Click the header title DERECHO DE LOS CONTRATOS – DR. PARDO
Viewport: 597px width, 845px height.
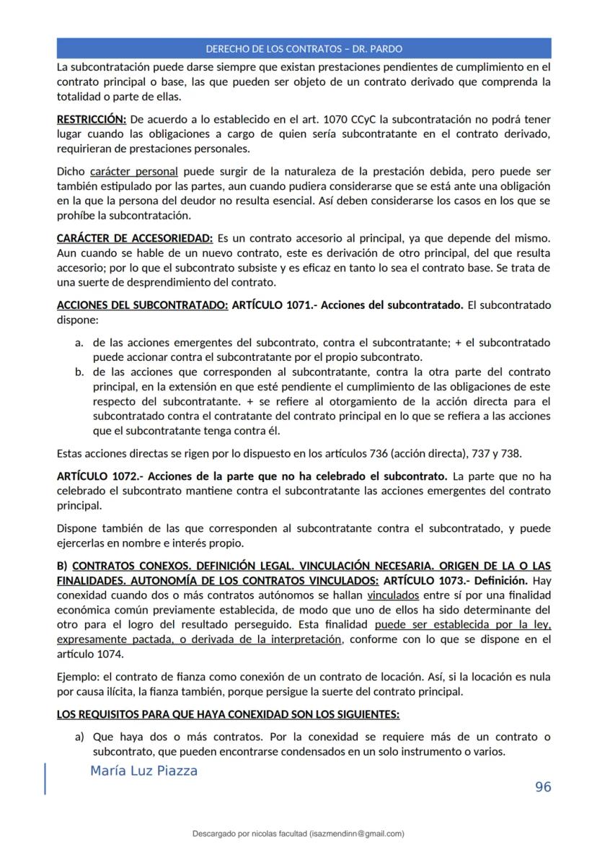point(304,49)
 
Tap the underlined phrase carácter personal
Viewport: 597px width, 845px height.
point(134,172)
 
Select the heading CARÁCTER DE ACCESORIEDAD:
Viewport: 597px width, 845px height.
point(135,238)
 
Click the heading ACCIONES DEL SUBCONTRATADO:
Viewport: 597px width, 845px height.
point(142,305)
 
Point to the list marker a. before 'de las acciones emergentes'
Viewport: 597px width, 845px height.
point(79,342)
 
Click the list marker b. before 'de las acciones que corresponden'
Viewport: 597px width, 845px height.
point(79,372)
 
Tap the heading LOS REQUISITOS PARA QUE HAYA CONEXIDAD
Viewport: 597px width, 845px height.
point(228,714)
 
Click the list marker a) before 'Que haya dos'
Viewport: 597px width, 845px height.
point(80,737)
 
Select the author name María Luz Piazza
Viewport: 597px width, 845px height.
point(143,771)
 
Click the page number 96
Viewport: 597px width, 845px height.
point(543,787)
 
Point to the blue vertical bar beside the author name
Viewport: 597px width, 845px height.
point(45,778)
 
